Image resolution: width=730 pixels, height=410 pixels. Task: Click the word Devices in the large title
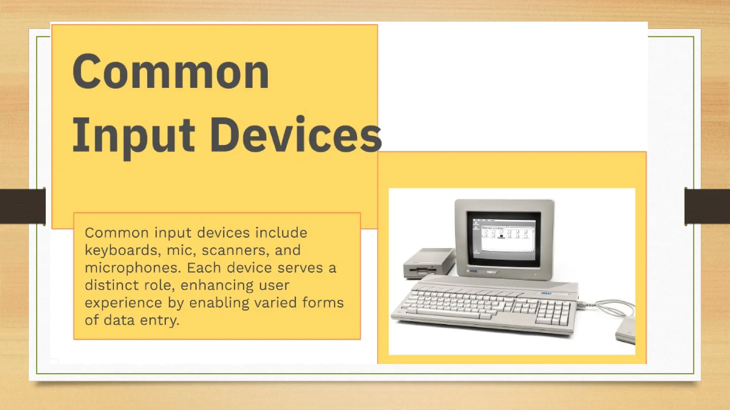(296, 135)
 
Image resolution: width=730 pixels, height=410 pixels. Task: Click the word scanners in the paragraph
(234, 250)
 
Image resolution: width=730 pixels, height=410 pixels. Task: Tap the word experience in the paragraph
(123, 303)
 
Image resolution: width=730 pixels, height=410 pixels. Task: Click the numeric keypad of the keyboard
(552, 311)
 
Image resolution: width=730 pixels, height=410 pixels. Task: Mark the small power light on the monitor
(535, 274)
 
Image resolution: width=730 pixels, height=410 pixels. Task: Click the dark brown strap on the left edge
(22, 206)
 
